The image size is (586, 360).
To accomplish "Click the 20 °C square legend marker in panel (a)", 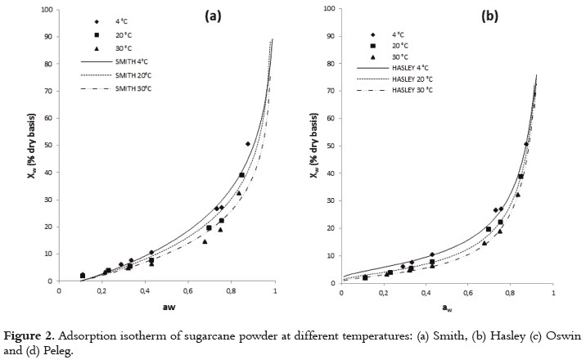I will tap(96, 34).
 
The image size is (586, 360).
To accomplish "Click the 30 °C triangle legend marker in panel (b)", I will tap(372, 56).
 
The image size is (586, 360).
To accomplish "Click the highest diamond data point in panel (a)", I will tap(248, 144).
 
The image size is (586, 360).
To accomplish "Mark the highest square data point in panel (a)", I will tap(241, 175).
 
